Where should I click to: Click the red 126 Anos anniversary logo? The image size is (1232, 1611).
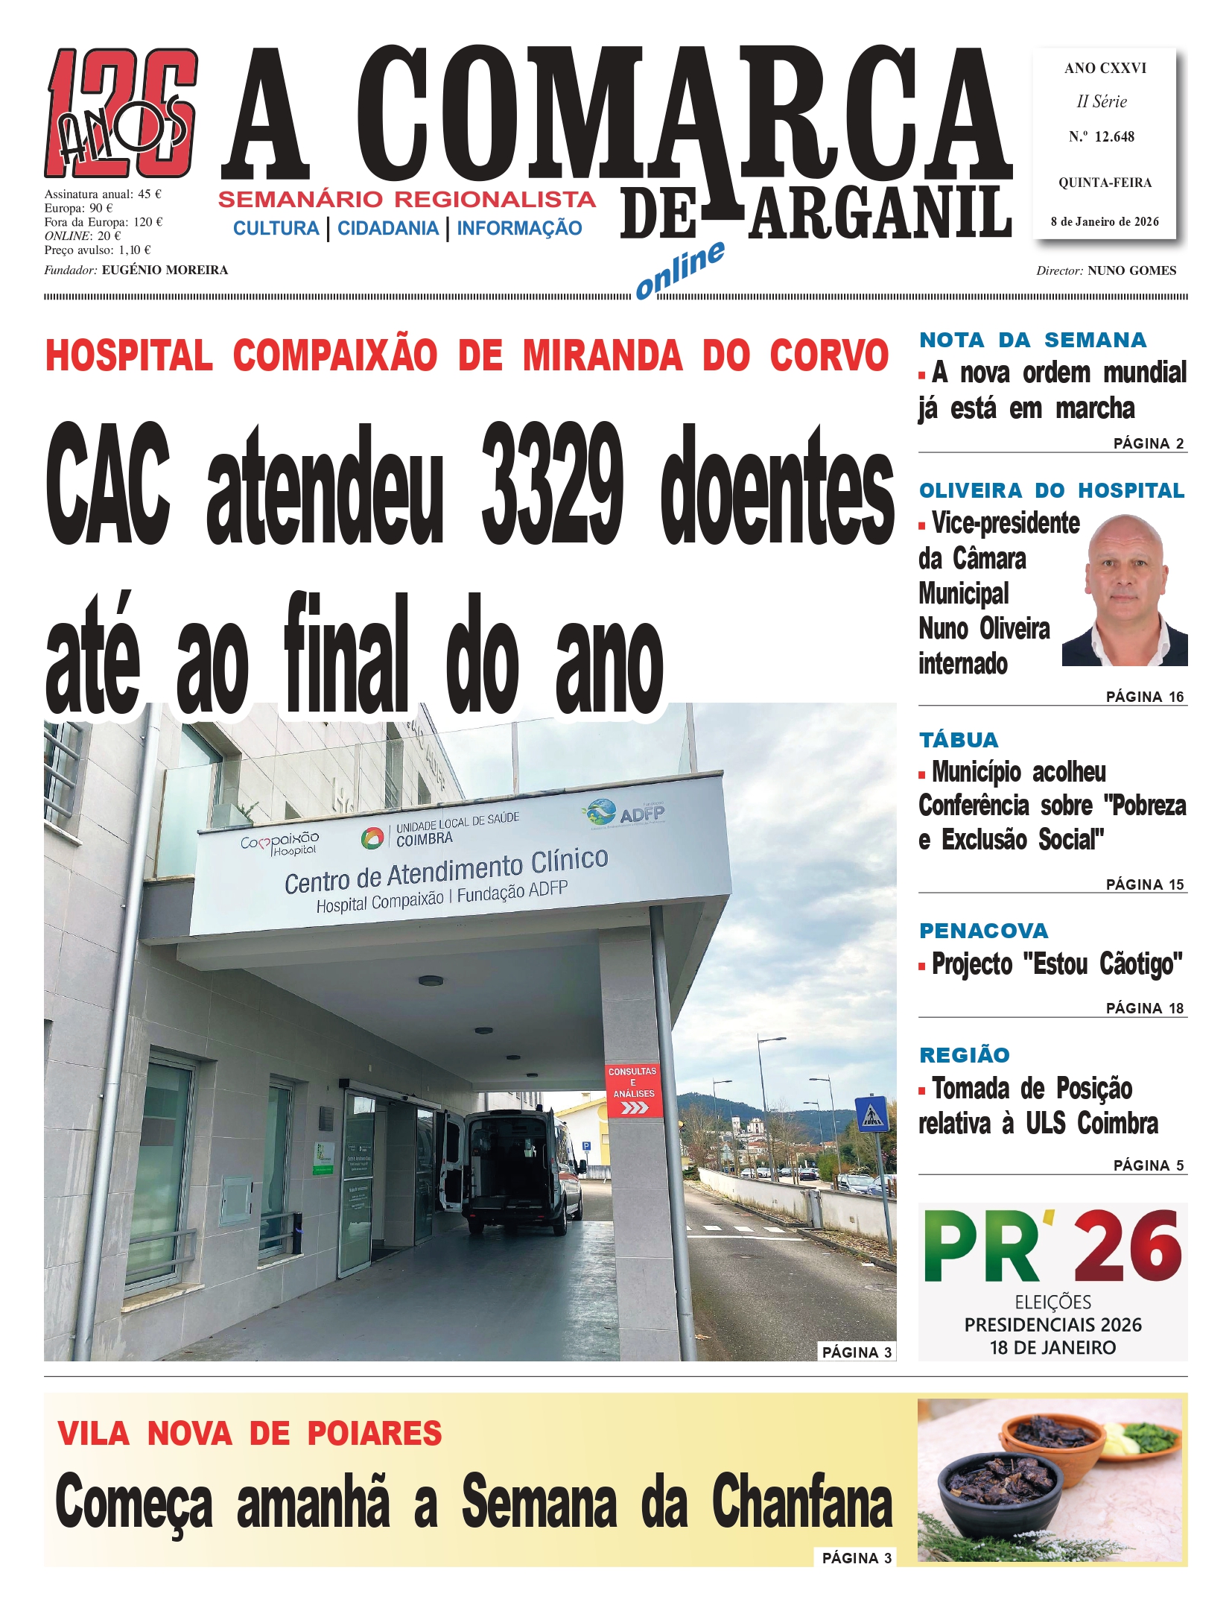121,113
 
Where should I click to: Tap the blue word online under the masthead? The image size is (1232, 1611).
679,269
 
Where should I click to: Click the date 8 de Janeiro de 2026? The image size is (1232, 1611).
1105,221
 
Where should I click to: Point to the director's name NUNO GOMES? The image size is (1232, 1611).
1131,270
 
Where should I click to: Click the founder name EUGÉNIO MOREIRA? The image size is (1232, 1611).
165,270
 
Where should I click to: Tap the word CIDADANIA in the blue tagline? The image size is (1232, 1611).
388,229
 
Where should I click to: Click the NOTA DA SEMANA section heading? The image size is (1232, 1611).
1032,340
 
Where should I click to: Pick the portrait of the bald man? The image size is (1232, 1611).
1125,590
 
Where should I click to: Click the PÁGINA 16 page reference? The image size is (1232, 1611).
1144,697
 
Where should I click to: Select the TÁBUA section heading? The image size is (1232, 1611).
959,740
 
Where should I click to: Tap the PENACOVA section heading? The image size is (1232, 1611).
983,931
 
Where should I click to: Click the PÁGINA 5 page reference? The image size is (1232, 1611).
1148,1165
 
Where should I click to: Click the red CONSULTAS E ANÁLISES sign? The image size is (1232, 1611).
632,1090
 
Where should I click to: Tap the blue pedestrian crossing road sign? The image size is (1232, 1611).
871,1113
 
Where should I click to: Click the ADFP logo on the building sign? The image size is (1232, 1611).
626,813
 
